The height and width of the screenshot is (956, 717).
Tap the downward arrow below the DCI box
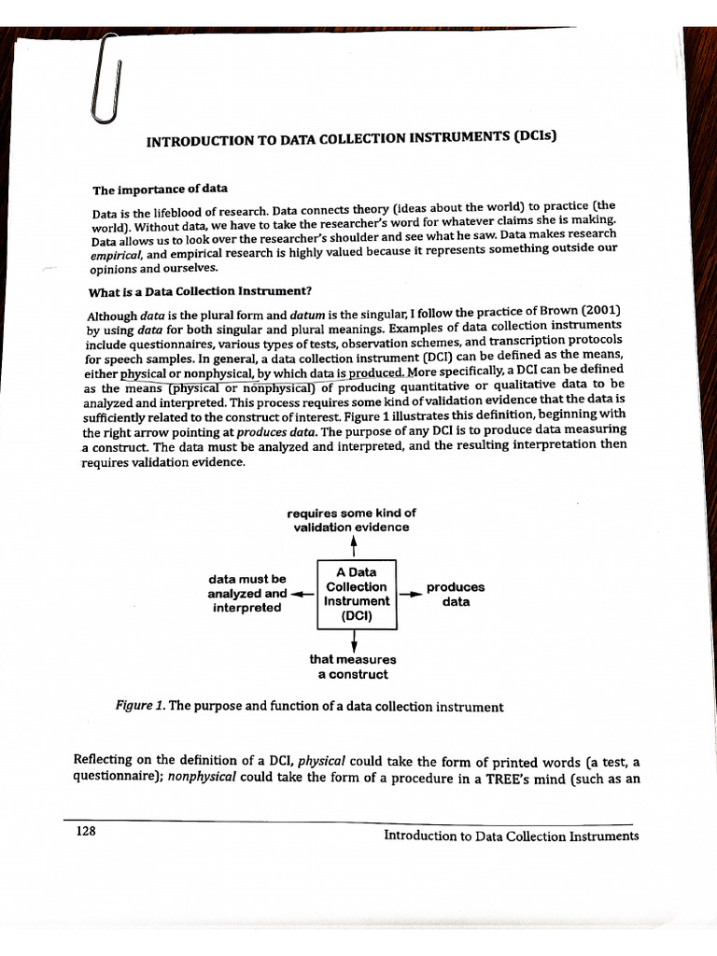354,640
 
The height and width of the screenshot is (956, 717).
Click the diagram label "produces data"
455,595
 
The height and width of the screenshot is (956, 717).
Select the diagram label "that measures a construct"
353,667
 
